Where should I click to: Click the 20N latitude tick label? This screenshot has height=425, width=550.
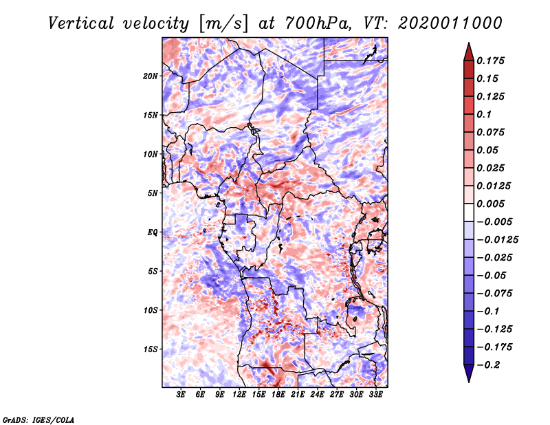tap(151, 76)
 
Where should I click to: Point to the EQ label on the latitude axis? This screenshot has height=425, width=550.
tap(152, 232)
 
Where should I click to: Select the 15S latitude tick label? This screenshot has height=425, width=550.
tap(151, 349)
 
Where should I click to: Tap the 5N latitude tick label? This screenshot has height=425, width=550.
tap(153, 193)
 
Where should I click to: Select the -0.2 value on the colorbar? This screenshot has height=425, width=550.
tap(490, 364)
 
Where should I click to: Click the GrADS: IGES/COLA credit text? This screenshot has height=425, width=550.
tap(38, 419)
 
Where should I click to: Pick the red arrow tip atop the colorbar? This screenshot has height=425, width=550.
tap(468, 49)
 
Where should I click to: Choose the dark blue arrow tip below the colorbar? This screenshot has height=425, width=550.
tap(468, 375)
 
